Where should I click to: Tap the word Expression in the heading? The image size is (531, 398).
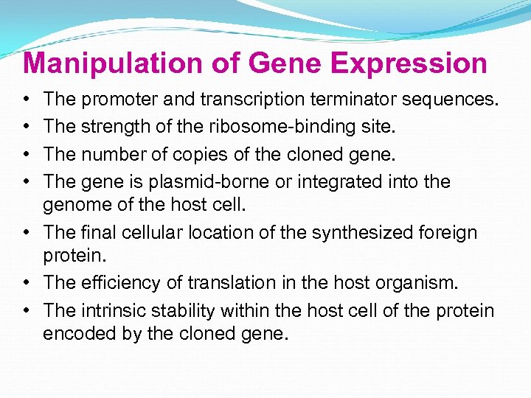[x=409, y=63]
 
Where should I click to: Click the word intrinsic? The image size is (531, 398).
[x=115, y=311]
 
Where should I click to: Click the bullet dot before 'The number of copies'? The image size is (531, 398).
[x=26, y=154]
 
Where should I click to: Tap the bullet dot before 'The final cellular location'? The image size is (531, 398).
[x=26, y=233]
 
